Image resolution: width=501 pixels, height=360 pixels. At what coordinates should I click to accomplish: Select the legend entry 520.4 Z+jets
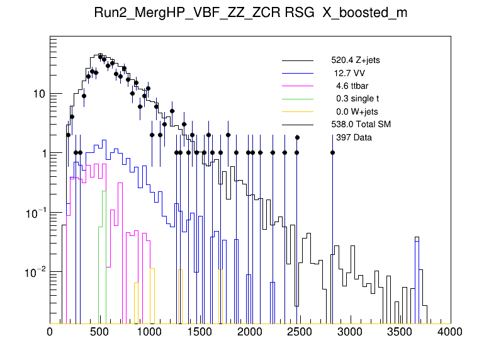point(356,60)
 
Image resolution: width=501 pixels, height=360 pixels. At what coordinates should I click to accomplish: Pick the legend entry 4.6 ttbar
point(352,86)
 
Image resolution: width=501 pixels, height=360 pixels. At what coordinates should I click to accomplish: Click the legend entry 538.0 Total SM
point(361,124)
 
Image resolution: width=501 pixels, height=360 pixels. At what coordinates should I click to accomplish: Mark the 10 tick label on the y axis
point(39,94)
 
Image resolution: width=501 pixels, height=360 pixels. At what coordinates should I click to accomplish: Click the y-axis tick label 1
point(42,153)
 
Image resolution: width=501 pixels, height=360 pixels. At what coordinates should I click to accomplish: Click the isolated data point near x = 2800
point(332,152)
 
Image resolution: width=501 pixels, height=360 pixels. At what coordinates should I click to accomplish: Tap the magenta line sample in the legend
point(297,86)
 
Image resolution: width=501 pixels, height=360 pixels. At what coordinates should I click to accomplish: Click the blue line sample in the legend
point(297,73)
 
